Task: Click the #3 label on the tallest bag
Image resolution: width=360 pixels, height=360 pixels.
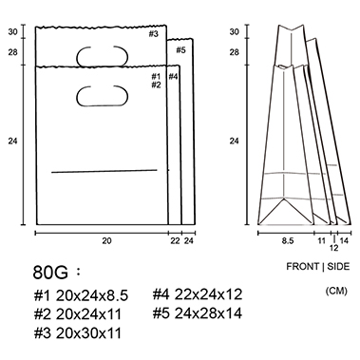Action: coord(154,34)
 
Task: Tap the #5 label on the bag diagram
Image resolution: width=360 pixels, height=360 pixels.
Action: coord(180,50)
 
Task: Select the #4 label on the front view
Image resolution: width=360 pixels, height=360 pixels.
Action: coord(173,76)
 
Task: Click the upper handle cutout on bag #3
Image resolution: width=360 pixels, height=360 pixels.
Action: coord(103,56)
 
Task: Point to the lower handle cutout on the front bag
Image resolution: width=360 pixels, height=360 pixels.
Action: coord(102,96)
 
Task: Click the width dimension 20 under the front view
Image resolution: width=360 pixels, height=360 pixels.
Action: coord(106,241)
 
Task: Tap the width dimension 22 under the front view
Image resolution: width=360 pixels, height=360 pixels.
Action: coord(175,241)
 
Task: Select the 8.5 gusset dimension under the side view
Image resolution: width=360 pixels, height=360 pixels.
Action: coord(288,241)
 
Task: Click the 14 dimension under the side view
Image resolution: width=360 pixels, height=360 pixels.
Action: coord(344,241)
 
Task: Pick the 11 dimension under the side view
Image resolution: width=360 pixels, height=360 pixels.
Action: coord(322,241)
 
